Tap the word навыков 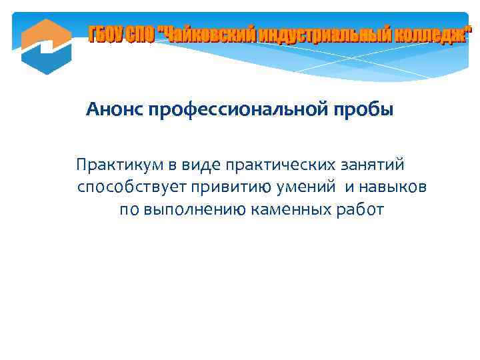click(394, 187)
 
